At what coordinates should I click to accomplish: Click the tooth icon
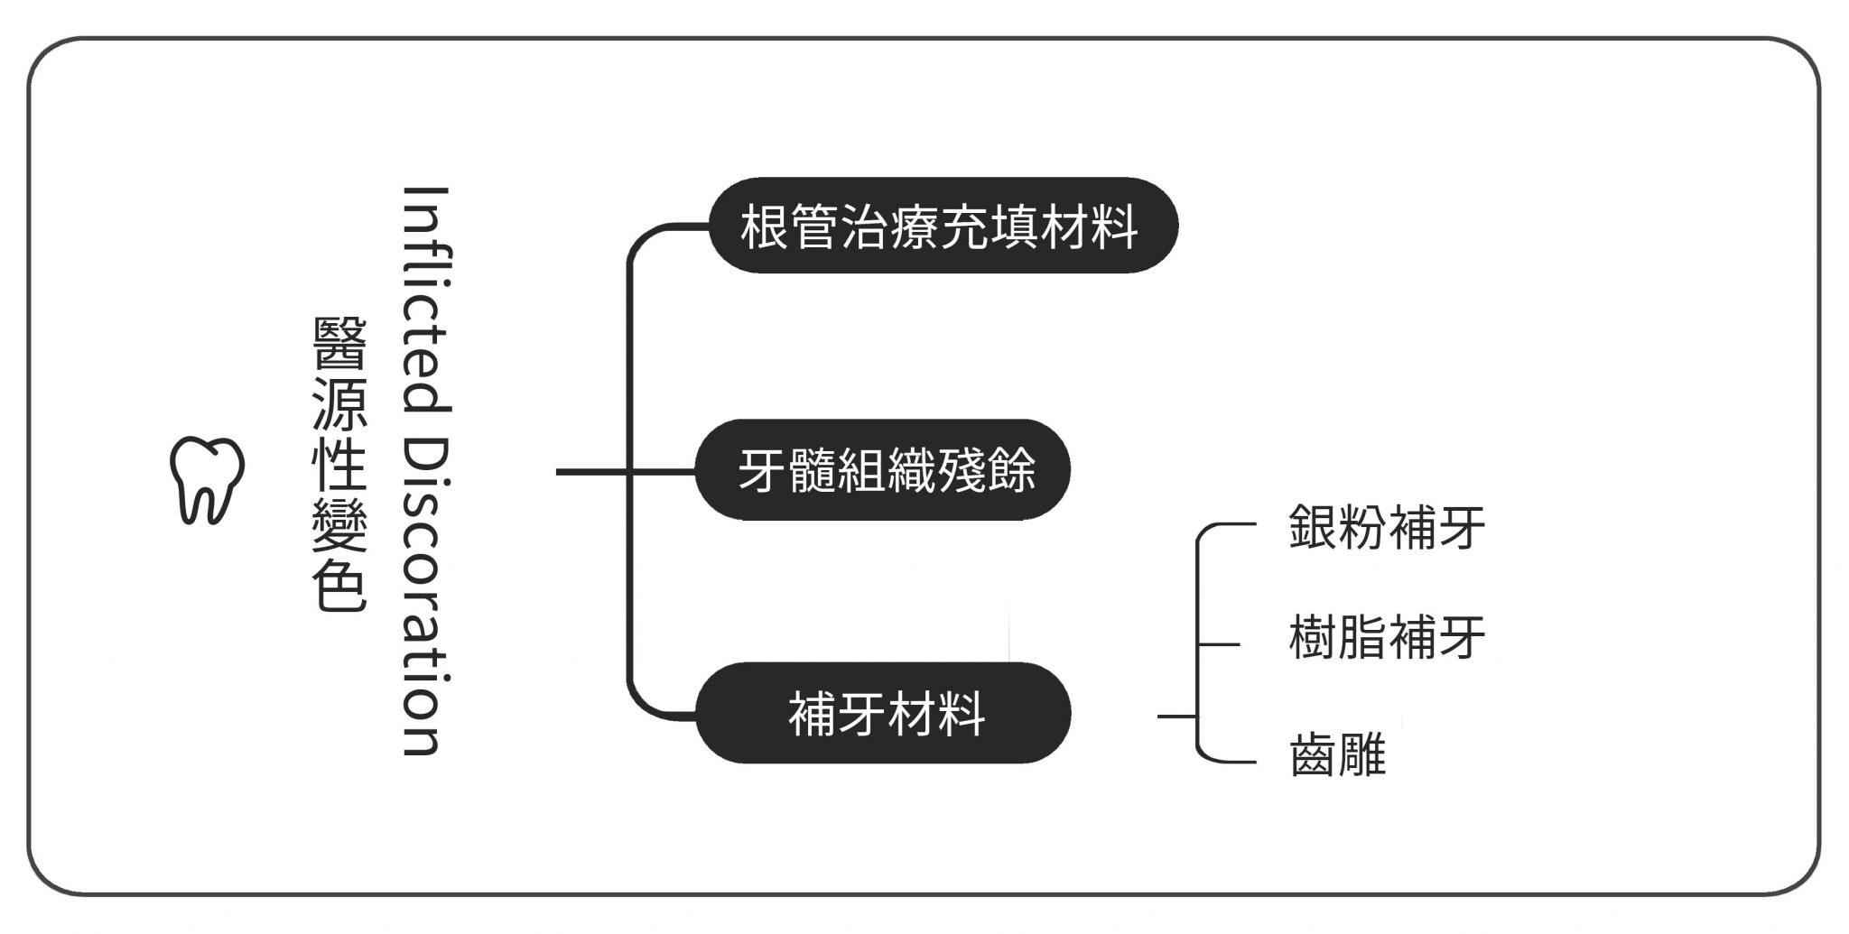[207, 480]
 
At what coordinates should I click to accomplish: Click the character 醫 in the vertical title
[339, 344]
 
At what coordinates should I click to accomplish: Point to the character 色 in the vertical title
[339, 588]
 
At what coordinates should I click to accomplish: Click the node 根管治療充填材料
[942, 226]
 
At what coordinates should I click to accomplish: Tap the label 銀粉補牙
[1386, 527]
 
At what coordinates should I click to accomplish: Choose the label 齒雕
[1337, 754]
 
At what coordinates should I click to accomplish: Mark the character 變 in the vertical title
[339, 526]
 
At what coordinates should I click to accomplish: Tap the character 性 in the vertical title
[339, 465]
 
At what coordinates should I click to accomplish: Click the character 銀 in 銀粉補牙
[1314, 527]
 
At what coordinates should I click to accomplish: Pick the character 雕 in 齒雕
[1361, 754]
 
